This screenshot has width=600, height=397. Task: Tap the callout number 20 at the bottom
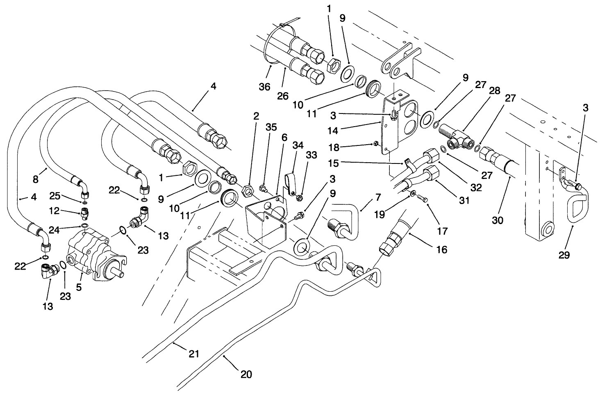pyautogui.click(x=246, y=374)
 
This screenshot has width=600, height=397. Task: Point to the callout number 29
pyautogui.click(x=564, y=255)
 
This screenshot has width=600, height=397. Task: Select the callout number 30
pyautogui.click(x=498, y=220)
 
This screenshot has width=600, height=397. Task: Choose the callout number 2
pyautogui.click(x=256, y=116)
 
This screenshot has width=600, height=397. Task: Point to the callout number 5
pyautogui.click(x=79, y=288)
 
